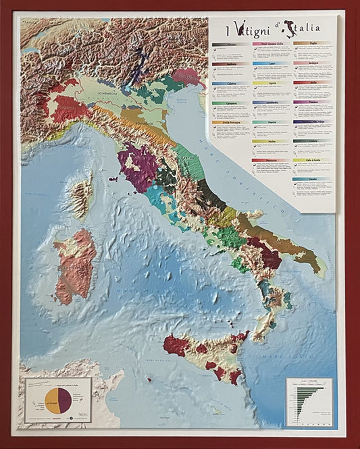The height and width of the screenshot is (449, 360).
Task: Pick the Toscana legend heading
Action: point(311,102)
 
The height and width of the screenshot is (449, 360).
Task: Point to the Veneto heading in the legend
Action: point(311,179)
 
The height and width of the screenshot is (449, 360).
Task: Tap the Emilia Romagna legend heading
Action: point(230,122)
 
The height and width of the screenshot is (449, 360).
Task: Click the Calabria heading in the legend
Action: point(230,84)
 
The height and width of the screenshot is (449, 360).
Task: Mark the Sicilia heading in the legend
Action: point(311,83)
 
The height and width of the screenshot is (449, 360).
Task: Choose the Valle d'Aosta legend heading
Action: point(311,159)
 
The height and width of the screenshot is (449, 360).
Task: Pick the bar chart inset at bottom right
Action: point(309,401)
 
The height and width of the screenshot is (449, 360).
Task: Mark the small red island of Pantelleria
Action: point(149,379)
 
